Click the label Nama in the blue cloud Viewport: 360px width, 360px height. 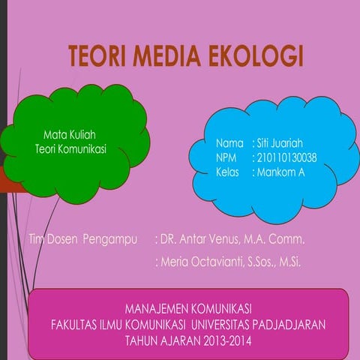pyautogui.click(x=229, y=143)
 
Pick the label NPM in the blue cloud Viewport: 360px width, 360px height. pyautogui.click(x=227, y=157)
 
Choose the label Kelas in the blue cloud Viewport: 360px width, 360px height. pyautogui.click(x=229, y=172)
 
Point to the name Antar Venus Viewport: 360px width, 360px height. pyautogui.click(x=202, y=240)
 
